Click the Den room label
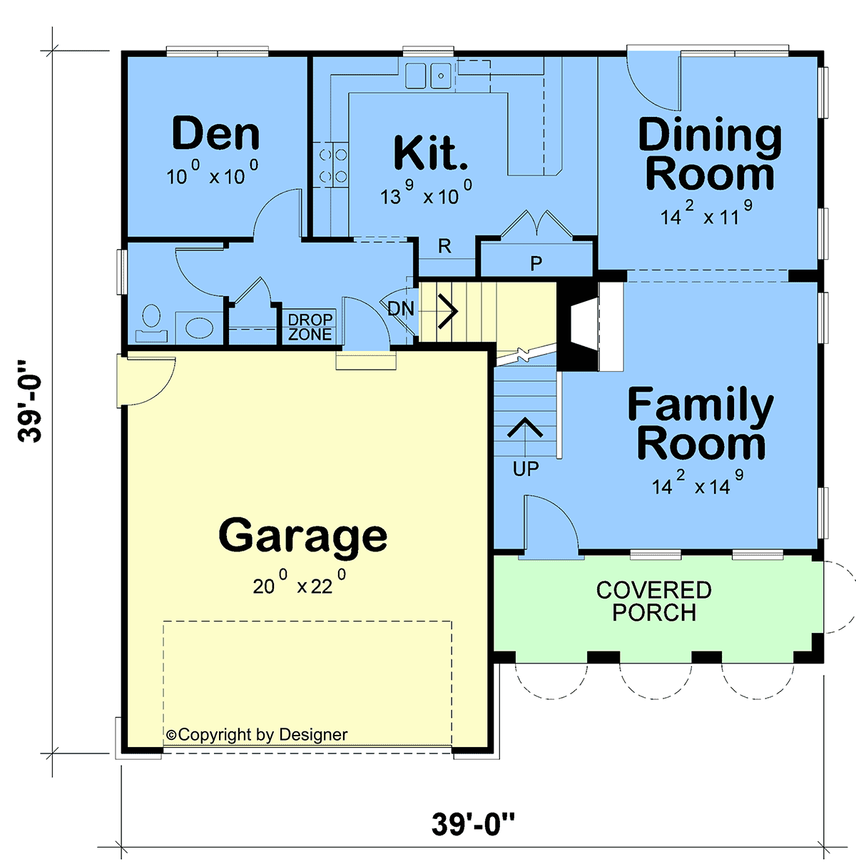click(215, 133)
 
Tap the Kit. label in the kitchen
click(431, 153)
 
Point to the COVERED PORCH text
click(654, 601)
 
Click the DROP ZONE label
click(310, 327)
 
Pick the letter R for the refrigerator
click(444, 246)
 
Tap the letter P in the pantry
click(536, 264)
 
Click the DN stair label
click(400, 308)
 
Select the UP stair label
click(526, 469)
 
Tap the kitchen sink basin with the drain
click(442, 76)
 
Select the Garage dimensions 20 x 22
click(300, 582)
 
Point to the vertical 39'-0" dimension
click(29, 401)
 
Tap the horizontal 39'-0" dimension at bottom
click(473, 823)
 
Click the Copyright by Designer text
click(257, 734)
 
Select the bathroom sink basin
click(200, 327)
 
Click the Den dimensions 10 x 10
click(212, 172)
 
